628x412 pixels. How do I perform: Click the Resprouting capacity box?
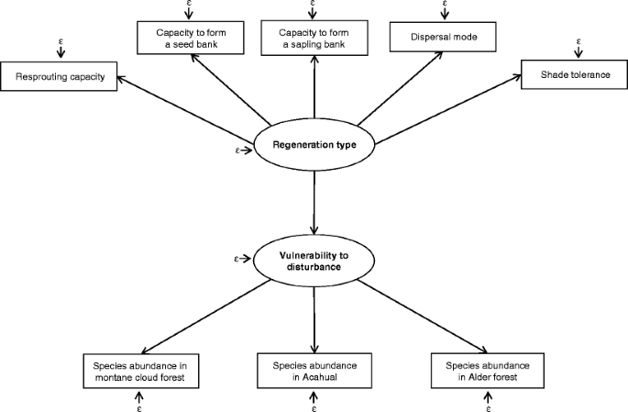click(60, 77)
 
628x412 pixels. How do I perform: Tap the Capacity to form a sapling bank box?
click(314, 39)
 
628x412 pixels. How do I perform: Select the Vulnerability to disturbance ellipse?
click(314, 261)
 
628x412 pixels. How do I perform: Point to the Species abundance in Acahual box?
click(314, 371)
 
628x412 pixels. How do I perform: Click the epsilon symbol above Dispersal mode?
click(445, 5)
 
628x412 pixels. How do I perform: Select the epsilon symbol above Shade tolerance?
click(578, 41)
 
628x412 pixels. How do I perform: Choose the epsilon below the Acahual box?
click(314, 407)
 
